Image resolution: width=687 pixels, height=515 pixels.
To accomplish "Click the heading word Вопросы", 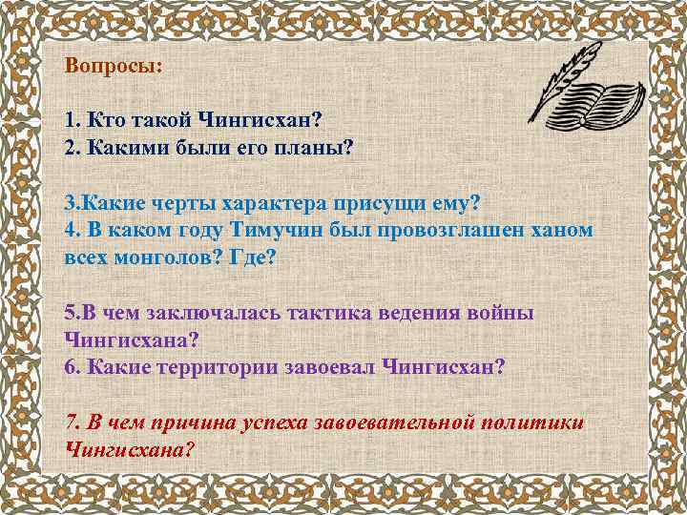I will coord(113,68).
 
